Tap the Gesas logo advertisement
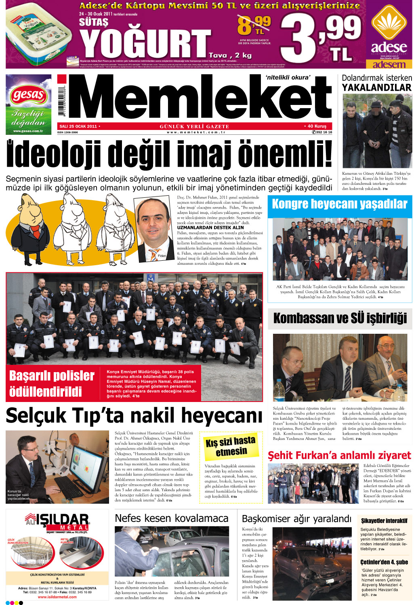[x=28, y=104]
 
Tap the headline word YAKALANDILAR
[x=376, y=88]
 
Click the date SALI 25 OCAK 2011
[x=78, y=126]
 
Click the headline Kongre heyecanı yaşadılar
[x=340, y=204]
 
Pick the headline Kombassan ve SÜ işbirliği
[x=340, y=318]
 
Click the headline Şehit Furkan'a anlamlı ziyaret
[x=339, y=456]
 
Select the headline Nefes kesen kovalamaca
[x=171, y=518]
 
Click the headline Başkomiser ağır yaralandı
[x=296, y=519]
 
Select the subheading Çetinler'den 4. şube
[x=384, y=562]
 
